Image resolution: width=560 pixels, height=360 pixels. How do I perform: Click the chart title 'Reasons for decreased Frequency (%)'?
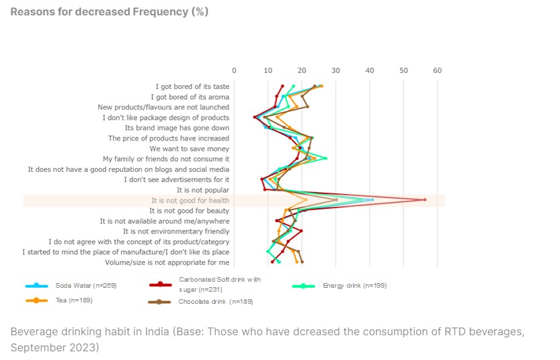pos(109,11)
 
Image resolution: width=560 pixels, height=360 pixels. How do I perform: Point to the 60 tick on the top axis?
pos(438,70)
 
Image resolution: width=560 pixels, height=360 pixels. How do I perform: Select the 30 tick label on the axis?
pos(336,70)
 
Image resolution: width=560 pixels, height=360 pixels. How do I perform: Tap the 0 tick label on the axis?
pos(234,70)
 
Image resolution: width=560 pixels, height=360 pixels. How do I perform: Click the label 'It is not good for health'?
pos(190,200)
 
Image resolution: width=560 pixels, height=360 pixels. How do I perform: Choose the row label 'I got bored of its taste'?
pos(192,86)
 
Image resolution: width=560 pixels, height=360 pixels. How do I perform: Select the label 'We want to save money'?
pos(189,149)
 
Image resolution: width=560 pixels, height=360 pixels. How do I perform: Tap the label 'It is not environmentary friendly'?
pos(176,232)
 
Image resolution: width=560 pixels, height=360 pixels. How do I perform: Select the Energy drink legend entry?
pos(354,286)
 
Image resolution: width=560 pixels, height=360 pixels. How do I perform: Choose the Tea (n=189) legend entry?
pos(74,300)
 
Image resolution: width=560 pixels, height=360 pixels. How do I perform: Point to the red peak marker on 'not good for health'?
pos(425,199)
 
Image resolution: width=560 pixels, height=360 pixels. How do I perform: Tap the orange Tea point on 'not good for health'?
pos(306,199)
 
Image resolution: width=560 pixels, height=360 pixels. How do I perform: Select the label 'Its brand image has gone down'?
pos(177,128)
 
